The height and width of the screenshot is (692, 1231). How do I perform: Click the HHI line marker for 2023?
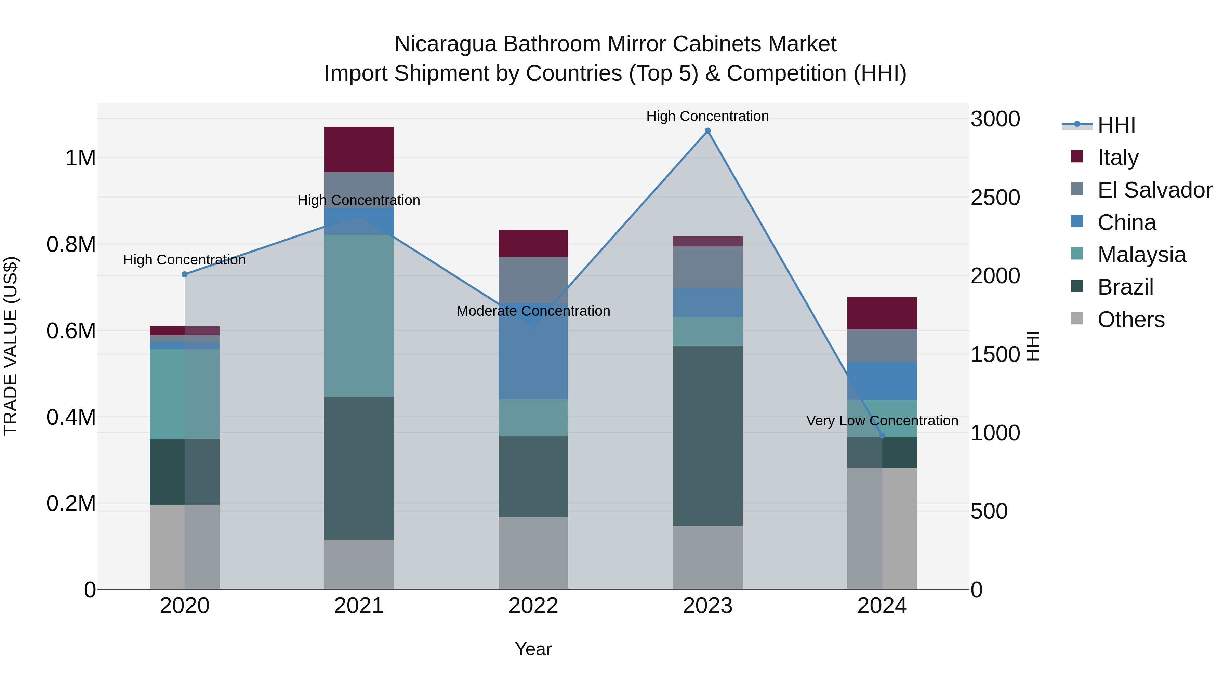708,131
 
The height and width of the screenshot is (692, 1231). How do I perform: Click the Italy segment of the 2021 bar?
359,149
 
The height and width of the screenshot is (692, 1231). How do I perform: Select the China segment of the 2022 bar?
533,351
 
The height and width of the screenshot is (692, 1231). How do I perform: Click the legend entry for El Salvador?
1154,190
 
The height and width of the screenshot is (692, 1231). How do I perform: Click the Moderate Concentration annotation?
533,311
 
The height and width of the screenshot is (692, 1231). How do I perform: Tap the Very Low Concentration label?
882,421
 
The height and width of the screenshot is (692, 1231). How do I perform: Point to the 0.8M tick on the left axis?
71,245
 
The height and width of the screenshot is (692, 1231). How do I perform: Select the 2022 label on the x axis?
533,606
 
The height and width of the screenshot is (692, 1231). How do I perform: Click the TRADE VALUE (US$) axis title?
11,346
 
